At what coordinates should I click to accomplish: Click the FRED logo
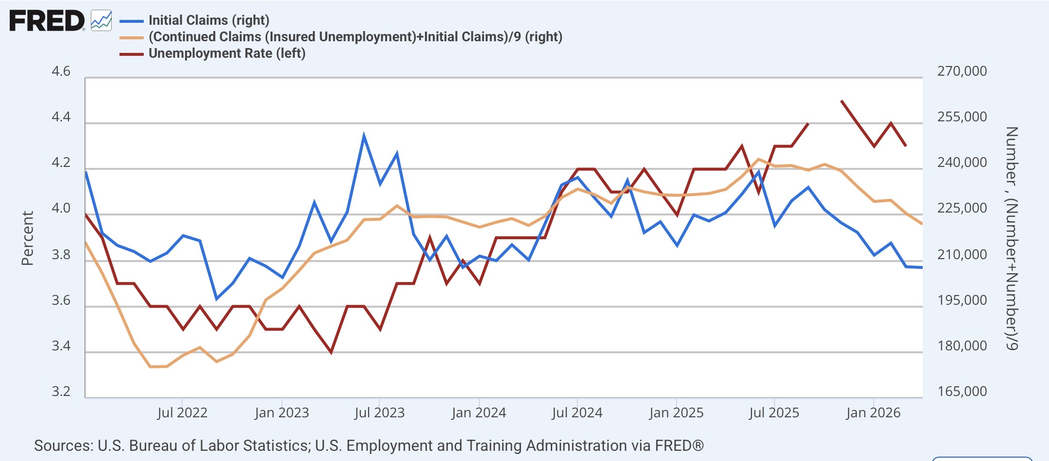[47, 21]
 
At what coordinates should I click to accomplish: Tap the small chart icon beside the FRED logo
[102, 21]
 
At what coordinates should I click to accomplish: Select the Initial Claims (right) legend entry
[195, 20]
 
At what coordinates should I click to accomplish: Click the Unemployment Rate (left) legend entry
[213, 53]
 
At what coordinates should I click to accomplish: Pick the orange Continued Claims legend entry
[341, 37]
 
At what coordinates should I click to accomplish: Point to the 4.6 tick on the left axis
[61, 71]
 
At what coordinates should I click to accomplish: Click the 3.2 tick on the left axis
[61, 391]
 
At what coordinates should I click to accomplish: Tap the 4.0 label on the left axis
[61, 208]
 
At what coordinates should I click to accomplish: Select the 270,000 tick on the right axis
[962, 71]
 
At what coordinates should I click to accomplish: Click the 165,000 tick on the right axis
[962, 391]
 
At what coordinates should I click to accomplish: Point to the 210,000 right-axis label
[962, 254]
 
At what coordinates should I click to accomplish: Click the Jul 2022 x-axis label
[182, 413]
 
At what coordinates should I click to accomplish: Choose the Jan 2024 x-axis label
[479, 413]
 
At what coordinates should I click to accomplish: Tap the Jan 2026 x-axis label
[873, 413]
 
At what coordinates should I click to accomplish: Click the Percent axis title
[27, 238]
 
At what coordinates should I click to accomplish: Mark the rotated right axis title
[1012, 238]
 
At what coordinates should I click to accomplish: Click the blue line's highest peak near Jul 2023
[364, 135]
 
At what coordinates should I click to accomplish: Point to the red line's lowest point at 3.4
[331, 352]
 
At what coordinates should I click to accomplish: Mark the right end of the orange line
[921, 223]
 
